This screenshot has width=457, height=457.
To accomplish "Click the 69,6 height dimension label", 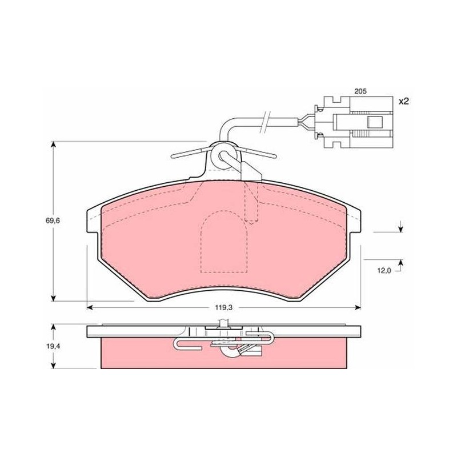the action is point(53,221).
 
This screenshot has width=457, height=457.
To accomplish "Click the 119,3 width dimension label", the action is point(224,307).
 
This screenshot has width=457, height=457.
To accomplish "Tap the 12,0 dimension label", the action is point(384,271).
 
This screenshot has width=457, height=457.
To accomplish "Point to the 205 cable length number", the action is point(360,91).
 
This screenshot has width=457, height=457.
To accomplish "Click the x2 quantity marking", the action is point(404,102).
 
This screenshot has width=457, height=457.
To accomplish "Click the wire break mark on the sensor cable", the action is point(266,122).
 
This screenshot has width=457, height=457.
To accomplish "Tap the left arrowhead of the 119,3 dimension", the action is point(90,307).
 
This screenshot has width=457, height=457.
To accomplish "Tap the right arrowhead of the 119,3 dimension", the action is point(358,307).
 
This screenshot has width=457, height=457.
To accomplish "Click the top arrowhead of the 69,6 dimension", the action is point(53,145).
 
